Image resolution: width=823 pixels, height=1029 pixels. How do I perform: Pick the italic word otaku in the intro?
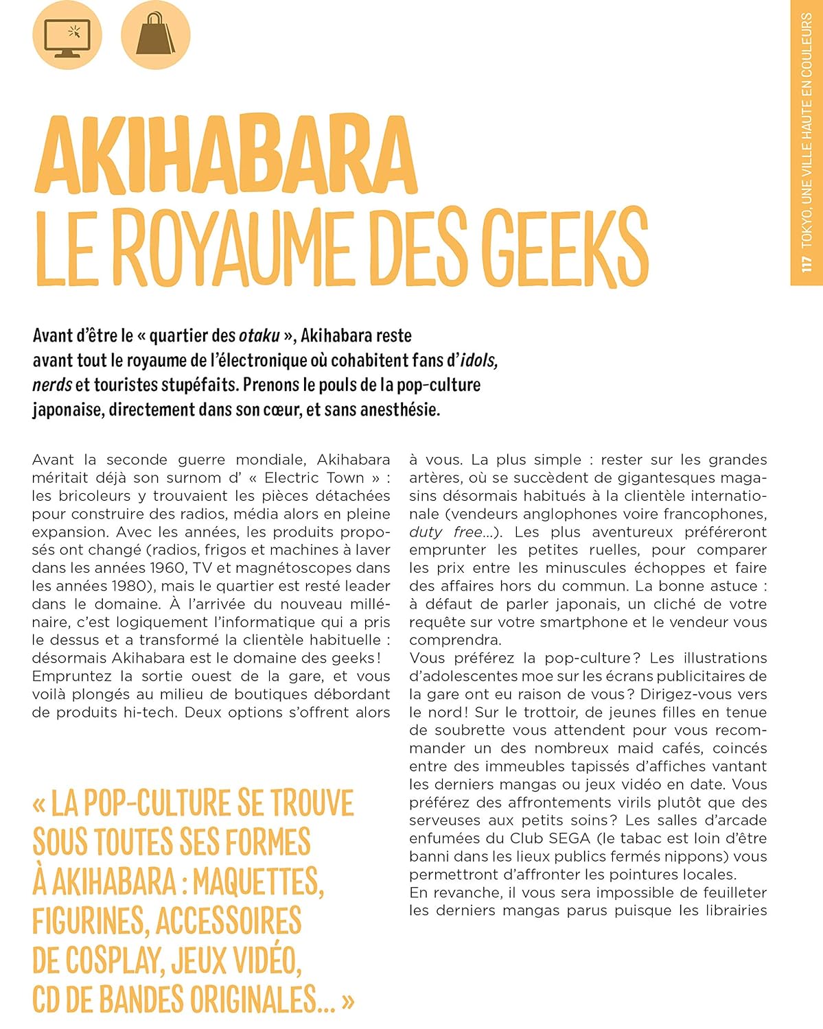[x=259, y=335]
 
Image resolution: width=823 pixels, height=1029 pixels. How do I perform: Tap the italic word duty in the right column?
[x=426, y=532]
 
